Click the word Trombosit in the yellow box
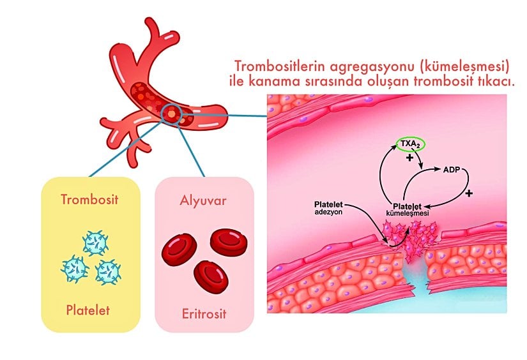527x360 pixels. pos(90,199)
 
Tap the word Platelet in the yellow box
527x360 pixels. pos(88,311)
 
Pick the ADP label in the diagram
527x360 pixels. pos(452,170)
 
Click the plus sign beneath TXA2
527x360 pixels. pos(409,158)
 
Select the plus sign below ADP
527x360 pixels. pos(469,193)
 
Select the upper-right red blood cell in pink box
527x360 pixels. pos(228,242)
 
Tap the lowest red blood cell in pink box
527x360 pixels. pos(210,276)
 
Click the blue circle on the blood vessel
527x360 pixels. pos(172,113)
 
